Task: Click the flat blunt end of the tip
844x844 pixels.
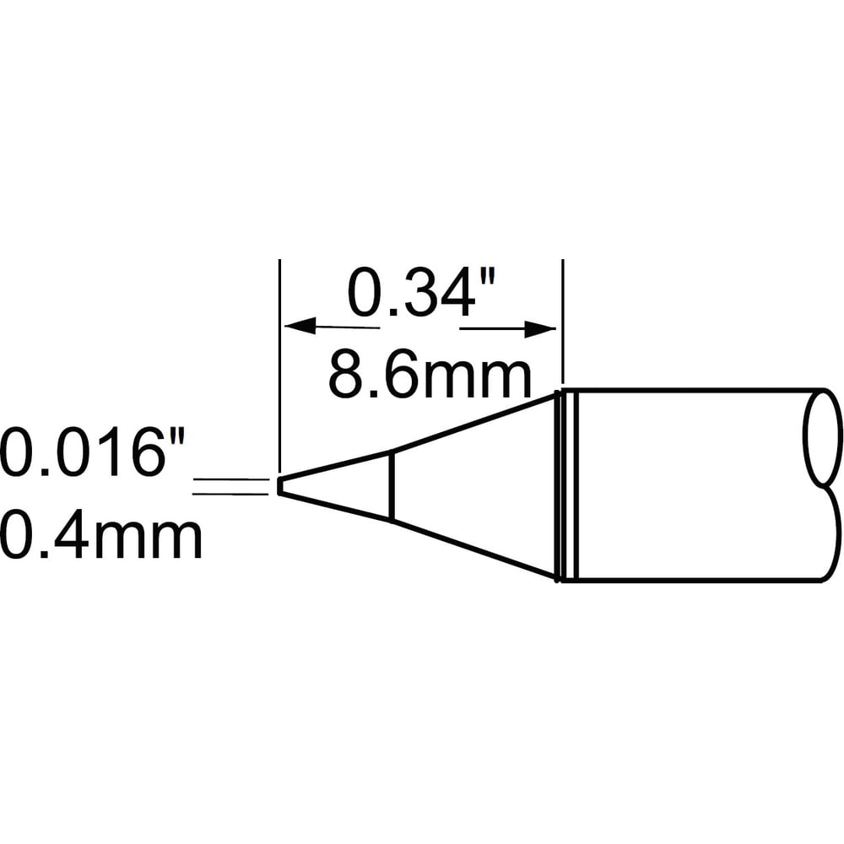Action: (x=279, y=486)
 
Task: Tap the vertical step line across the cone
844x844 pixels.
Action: (x=390, y=485)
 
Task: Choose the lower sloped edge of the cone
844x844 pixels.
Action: (x=473, y=549)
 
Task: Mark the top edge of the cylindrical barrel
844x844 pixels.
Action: (x=692, y=389)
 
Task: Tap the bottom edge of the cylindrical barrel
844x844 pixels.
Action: (x=692, y=582)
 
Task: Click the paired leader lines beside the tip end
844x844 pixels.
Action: (x=232, y=485)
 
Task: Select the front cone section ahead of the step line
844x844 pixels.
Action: (x=338, y=485)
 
